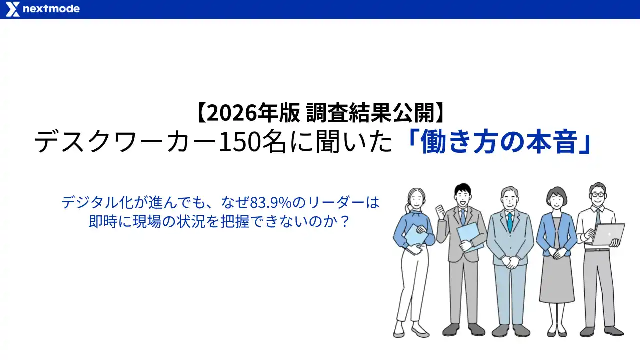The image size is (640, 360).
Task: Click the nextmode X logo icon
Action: pos(13,9)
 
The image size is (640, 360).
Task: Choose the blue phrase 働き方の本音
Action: pos(500,143)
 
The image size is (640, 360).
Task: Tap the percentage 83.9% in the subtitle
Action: pos(270,203)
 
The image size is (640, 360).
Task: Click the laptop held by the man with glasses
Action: pos(608,234)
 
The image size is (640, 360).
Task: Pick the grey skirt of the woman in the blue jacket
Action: pos(556,280)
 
